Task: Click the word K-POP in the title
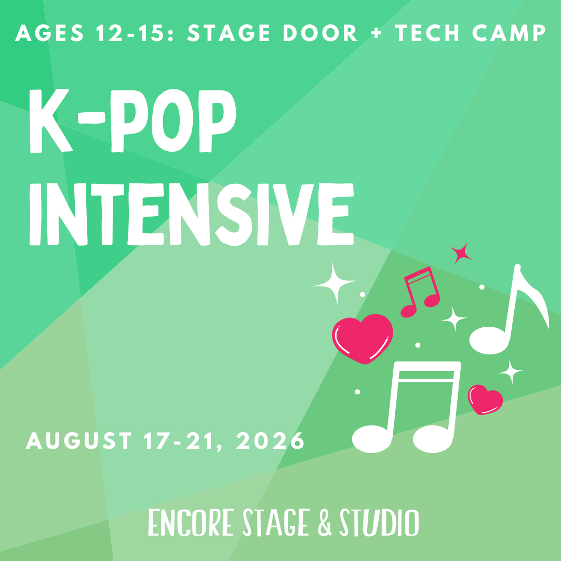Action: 133,121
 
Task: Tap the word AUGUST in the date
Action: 78,442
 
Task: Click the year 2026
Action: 270,442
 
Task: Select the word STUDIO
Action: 379,523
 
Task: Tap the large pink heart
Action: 362,338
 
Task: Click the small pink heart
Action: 485,399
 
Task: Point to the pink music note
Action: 421,291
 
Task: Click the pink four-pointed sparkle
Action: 461,253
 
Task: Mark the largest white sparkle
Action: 335,283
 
